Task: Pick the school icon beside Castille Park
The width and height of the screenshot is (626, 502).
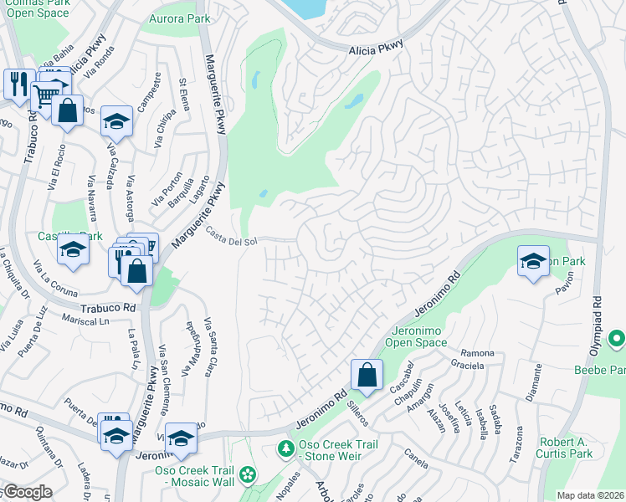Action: (x=73, y=249)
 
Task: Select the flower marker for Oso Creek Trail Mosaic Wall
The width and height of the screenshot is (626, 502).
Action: (x=247, y=475)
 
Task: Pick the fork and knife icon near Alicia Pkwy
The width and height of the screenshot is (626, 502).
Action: (x=18, y=83)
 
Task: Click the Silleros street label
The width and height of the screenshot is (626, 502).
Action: (x=356, y=411)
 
